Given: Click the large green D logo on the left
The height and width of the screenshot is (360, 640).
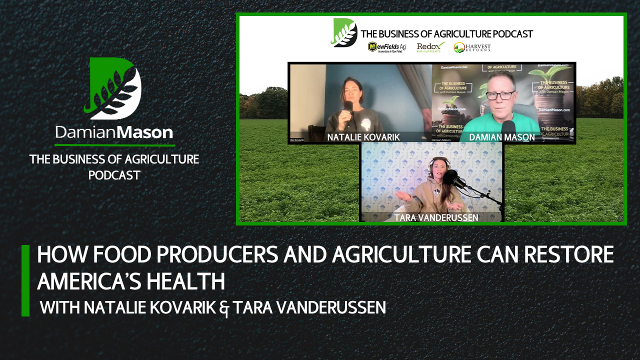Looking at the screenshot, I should click(114, 88).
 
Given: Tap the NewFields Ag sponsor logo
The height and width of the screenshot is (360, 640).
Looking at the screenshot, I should click(386, 47).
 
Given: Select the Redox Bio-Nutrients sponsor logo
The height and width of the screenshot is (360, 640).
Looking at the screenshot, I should click(430, 47).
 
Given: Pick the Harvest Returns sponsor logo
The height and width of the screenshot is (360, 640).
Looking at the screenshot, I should click(472, 47).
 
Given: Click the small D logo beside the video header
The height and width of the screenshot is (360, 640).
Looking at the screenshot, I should click(343, 33).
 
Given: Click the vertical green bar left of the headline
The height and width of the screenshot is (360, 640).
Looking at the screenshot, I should click(25, 280).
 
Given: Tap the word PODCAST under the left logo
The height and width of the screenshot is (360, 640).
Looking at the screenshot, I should click(114, 175).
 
